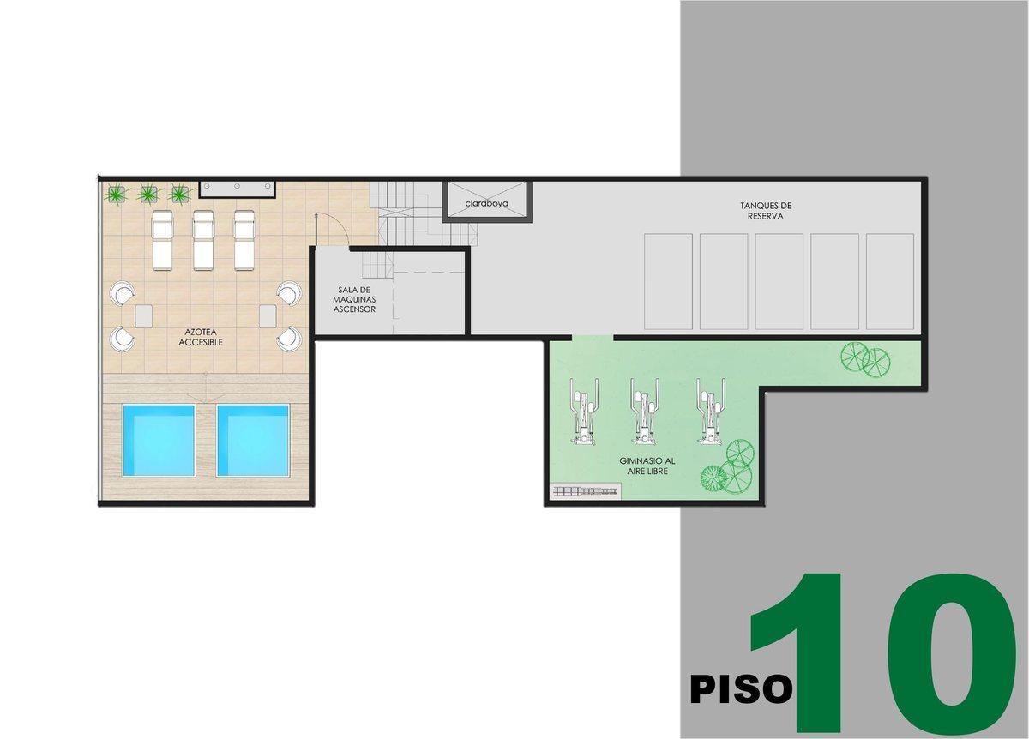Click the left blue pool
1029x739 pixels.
point(159,440)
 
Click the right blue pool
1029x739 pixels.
point(253,440)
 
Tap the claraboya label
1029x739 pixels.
point(487,204)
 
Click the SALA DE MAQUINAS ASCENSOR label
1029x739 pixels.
point(354,299)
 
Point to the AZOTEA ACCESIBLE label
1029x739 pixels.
point(201,337)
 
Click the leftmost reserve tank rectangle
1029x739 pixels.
point(668,281)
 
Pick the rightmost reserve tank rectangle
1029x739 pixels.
point(889,281)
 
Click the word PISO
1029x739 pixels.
point(741,689)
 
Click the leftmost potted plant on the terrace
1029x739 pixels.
point(117,193)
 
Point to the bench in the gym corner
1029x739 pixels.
point(586,491)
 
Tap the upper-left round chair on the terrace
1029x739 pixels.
point(122,294)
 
